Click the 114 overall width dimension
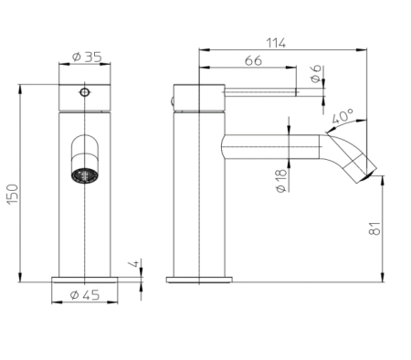276,43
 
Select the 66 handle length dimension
253,60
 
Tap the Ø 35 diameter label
87,57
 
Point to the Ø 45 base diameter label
85,295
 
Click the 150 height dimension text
13,194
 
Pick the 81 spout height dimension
374,228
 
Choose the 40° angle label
342,116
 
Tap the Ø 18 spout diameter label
281,181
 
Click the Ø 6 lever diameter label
316,74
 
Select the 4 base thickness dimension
134,263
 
